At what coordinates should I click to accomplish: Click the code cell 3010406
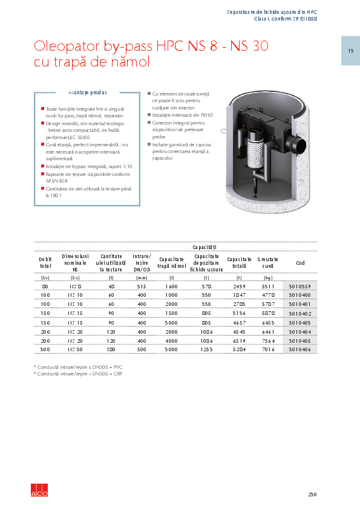click(x=299, y=349)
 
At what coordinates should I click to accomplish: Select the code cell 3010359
click(x=299, y=286)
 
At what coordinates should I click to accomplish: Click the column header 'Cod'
click(x=300, y=263)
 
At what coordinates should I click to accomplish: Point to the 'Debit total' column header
click(x=45, y=263)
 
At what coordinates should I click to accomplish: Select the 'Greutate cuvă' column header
click(x=267, y=263)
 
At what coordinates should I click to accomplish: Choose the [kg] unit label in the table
click(x=267, y=277)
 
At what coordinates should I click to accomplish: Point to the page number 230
click(x=312, y=494)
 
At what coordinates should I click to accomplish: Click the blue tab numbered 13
click(x=350, y=50)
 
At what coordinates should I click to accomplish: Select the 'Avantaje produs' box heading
click(x=88, y=93)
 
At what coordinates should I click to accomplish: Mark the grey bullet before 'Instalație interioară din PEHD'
click(x=149, y=114)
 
